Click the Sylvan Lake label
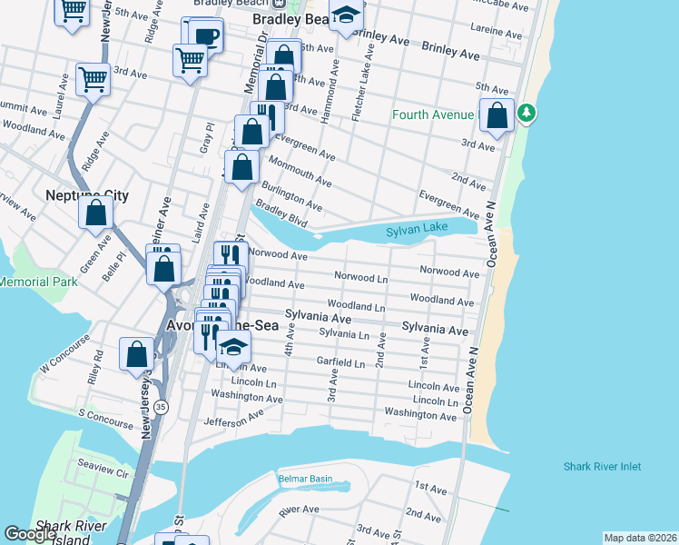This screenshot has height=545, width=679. pyautogui.click(x=417, y=231)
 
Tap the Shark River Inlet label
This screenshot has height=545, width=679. pyautogui.click(x=602, y=467)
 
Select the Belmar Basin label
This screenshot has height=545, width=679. pyautogui.click(x=304, y=479)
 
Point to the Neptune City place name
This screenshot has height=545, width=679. pyautogui.click(x=87, y=195)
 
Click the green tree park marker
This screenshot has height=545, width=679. pyautogui.click(x=526, y=114)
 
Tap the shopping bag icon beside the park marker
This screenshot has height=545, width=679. pyautogui.click(x=497, y=116)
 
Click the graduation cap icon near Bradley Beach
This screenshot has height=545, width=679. pyautogui.click(x=345, y=15)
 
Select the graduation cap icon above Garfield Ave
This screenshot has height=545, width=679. pyautogui.click(x=234, y=348)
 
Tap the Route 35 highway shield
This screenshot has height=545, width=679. pyautogui.click(x=161, y=405)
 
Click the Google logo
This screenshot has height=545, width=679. pyautogui.click(x=30, y=534)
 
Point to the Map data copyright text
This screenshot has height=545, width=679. pyautogui.click(x=639, y=538)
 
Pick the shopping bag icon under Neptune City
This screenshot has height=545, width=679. pyautogui.click(x=95, y=214)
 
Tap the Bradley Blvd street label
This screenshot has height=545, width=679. pyautogui.click(x=281, y=213)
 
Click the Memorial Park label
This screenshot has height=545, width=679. pyautogui.click(x=38, y=282)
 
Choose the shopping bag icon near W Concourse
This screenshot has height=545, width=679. pyautogui.click(x=137, y=354)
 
